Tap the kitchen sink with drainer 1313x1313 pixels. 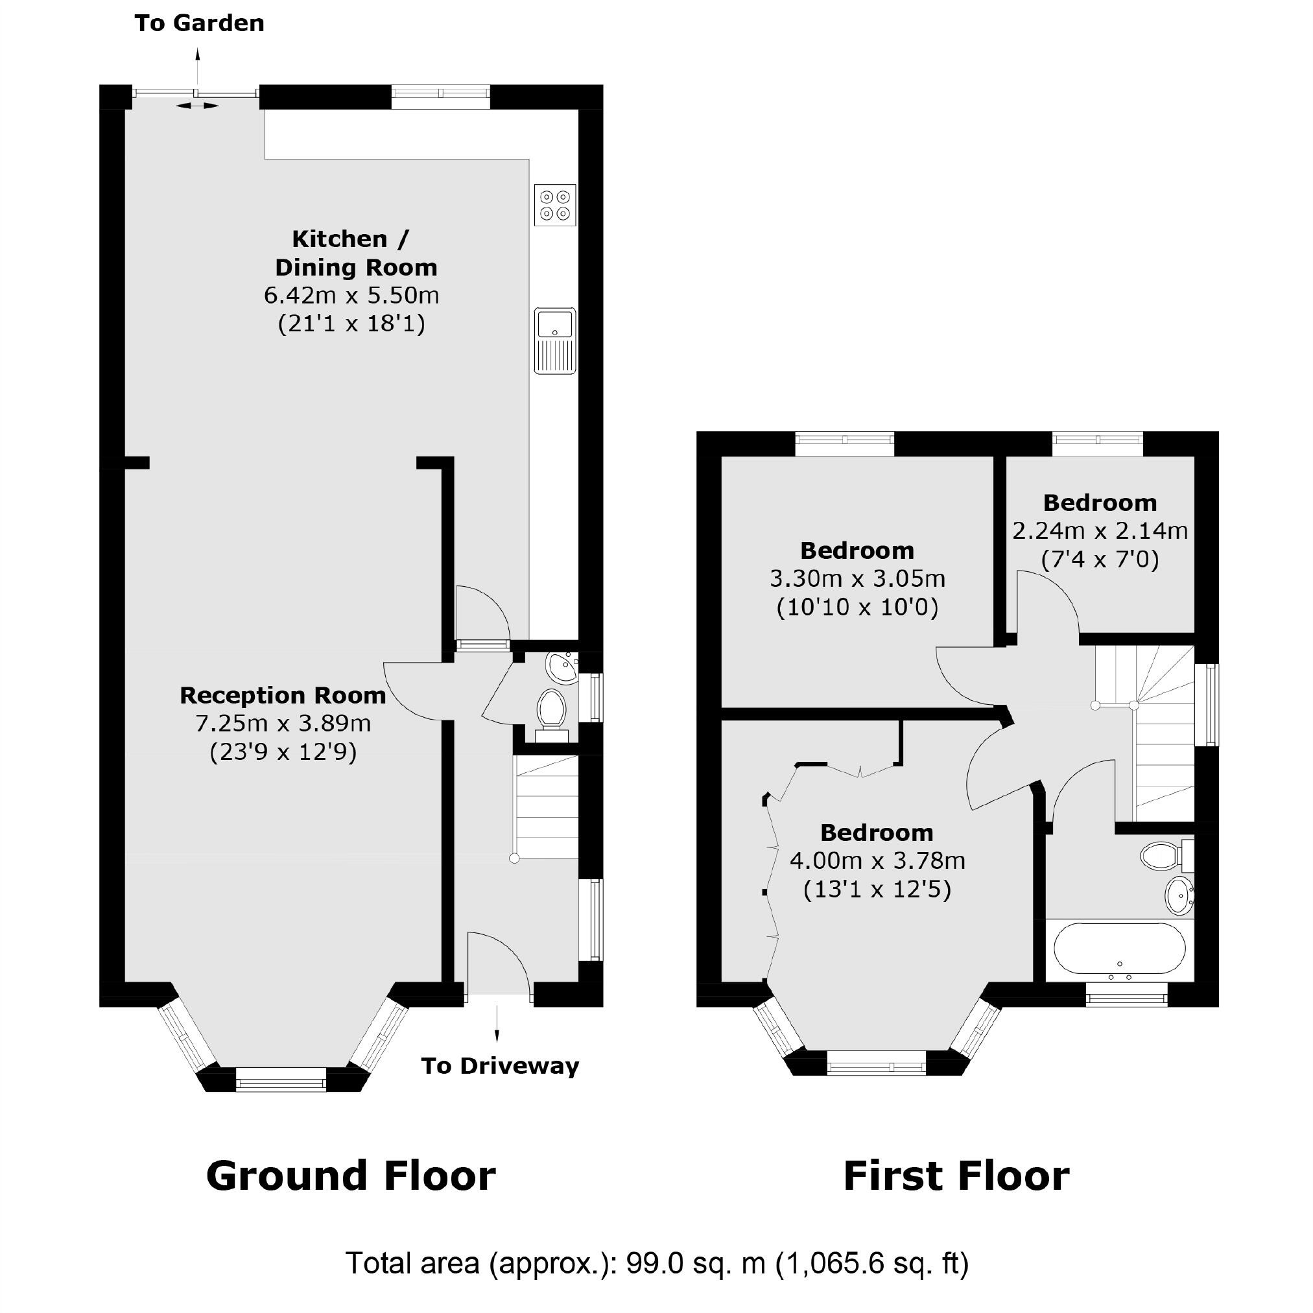click(554, 340)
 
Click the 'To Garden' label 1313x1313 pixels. click(199, 23)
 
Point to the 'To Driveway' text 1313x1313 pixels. click(499, 1065)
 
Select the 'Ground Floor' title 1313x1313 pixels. click(351, 1176)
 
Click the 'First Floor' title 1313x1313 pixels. click(956, 1176)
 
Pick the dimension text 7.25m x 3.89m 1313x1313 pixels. click(283, 724)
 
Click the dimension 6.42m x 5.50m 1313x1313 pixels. click(351, 296)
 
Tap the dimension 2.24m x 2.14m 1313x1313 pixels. click(1100, 531)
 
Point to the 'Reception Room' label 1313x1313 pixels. click(283, 695)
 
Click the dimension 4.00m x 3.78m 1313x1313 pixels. click(877, 861)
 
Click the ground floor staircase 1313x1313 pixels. click(547, 807)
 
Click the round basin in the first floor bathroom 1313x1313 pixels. click(1180, 895)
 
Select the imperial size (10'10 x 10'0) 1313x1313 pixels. click(857, 607)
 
